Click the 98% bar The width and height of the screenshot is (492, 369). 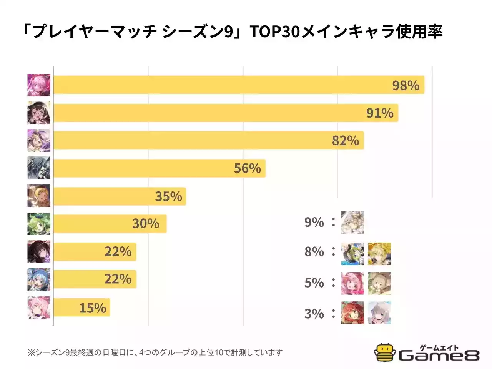(x=238, y=85)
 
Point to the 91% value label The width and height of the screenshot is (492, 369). (x=379, y=113)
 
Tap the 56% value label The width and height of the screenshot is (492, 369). (x=247, y=168)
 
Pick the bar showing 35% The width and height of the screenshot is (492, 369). (x=120, y=196)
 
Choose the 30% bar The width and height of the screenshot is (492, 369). (x=110, y=223)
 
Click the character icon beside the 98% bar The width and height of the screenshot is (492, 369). (x=39, y=85)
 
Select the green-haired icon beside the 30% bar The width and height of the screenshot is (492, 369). (x=39, y=224)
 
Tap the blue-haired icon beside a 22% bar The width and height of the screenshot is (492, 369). (x=39, y=279)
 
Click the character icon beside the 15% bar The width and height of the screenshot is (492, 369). (x=39, y=307)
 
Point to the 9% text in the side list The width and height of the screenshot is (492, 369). (x=314, y=222)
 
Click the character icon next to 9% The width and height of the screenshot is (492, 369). (x=352, y=222)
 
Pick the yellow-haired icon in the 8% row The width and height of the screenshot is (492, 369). (x=379, y=254)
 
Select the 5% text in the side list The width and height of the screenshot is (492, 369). (x=314, y=283)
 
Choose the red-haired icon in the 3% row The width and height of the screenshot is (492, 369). (x=352, y=313)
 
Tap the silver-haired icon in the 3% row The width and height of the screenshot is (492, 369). (x=379, y=313)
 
